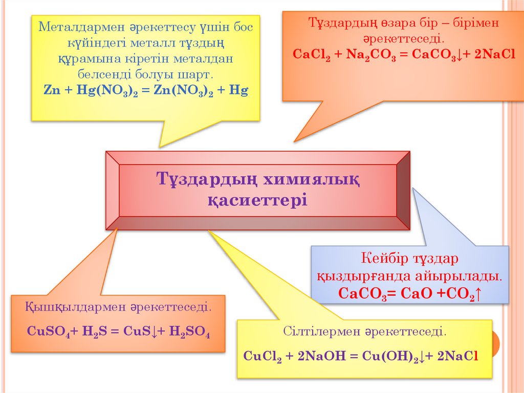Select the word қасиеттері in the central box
(x=257, y=199)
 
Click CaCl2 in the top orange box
(x=312, y=54)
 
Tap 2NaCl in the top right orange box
(x=494, y=54)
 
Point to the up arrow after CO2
(x=478, y=294)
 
